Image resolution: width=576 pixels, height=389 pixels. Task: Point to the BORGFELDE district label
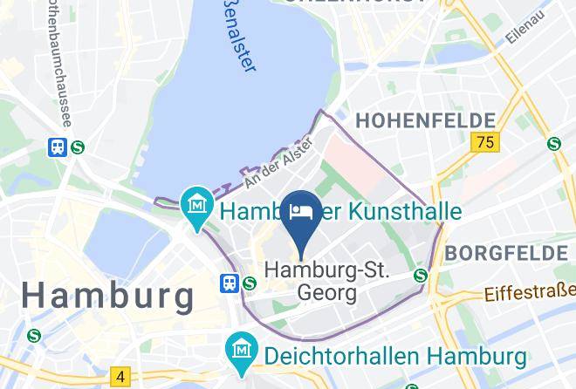click(x=505, y=253)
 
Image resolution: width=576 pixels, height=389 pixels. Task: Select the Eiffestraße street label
click(x=530, y=293)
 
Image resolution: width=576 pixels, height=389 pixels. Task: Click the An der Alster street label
click(x=278, y=163)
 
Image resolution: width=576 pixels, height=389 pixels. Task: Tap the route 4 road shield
click(x=120, y=376)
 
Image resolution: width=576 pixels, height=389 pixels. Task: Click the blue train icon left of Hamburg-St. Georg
click(x=230, y=283)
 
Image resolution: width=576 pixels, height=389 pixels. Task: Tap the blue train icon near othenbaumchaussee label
click(x=58, y=147)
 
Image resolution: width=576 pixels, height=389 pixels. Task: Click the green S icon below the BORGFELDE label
click(x=421, y=276)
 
